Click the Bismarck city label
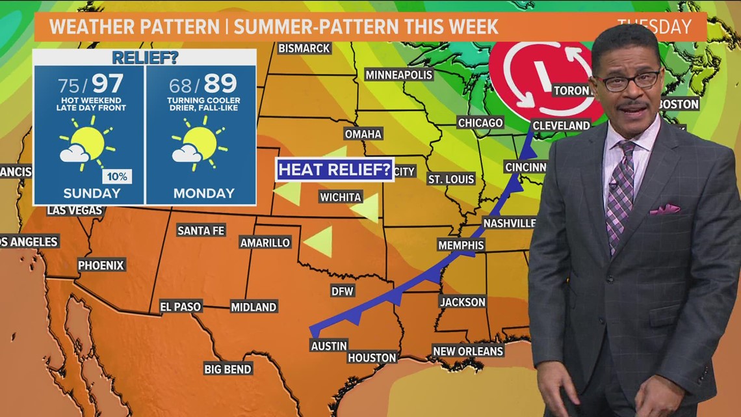point(304,48)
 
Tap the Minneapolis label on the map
point(398,75)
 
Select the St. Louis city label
point(451,179)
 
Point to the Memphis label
point(461,245)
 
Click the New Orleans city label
point(468,351)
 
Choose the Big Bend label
point(227,369)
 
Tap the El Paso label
point(181,306)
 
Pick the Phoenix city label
point(101,265)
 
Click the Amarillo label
point(265,243)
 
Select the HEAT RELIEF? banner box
point(335,170)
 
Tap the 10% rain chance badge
point(118,176)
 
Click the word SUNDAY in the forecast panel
point(92,193)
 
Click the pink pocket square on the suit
point(664,209)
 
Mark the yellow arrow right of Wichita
point(365,208)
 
